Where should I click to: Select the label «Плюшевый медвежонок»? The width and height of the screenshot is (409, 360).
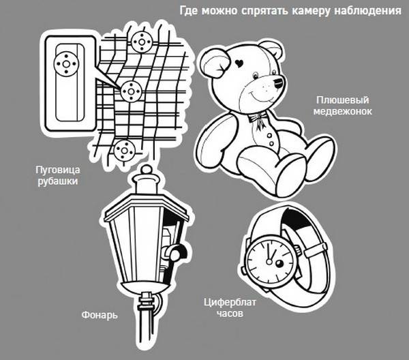tap(342, 106)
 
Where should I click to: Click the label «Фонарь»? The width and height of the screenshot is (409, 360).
tap(100, 315)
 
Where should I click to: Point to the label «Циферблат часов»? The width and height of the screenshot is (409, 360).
tap(230, 307)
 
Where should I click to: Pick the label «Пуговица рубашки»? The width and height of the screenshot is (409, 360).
tap(58, 175)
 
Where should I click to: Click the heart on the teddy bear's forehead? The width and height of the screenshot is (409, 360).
tap(239, 63)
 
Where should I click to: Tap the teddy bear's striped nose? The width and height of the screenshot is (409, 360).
tap(278, 82)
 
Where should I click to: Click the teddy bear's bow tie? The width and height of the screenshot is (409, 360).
tap(258, 118)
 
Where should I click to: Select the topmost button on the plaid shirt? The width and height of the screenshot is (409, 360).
tap(142, 42)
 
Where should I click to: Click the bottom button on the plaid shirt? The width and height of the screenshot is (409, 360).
tap(125, 151)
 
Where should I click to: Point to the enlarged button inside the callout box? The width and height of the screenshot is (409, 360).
tap(66, 64)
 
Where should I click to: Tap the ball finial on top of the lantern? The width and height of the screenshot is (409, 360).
tap(146, 170)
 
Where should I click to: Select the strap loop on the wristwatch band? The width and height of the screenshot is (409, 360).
tap(316, 249)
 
